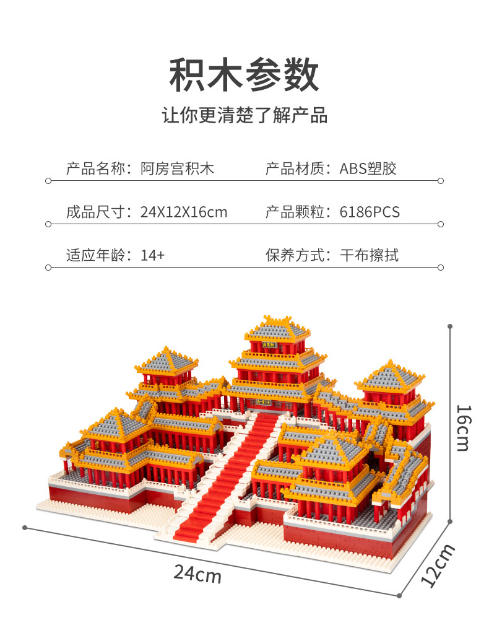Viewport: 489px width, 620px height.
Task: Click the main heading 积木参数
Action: click(244, 75)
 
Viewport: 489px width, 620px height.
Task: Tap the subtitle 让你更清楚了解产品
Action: click(244, 115)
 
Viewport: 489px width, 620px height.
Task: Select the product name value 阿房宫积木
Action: click(177, 168)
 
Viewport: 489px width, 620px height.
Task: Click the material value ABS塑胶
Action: click(368, 168)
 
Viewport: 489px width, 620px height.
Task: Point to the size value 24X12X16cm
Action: click(184, 212)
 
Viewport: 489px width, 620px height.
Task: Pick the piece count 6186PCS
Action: click(370, 212)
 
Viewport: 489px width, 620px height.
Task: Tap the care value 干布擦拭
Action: click(370, 255)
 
